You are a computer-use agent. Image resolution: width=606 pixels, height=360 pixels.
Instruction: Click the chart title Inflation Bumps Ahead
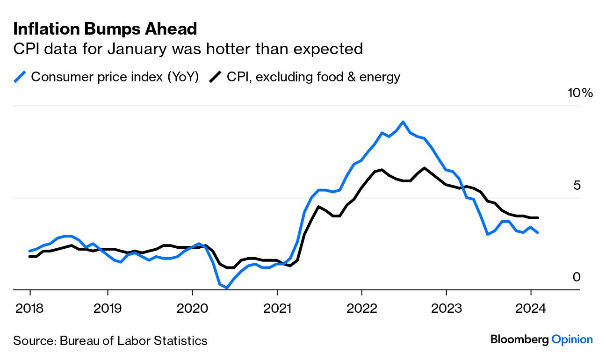(105, 29)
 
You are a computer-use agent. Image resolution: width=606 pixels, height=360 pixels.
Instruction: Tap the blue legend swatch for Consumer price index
(20, 77)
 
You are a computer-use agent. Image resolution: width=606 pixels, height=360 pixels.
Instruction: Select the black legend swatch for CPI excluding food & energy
(216, 77)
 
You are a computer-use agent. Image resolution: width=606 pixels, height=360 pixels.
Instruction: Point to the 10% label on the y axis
(580, 93)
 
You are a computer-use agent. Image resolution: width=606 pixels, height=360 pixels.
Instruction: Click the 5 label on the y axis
(577, 186)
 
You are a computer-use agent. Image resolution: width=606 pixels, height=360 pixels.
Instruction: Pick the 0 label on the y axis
(577, 277)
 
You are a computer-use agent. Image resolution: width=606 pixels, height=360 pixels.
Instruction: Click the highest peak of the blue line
(403, 122)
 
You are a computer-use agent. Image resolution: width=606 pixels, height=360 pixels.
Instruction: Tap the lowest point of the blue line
(227, 288)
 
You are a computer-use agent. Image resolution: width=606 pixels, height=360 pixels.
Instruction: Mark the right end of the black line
(538, 218)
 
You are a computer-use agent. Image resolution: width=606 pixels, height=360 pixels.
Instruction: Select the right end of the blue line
(538, 232)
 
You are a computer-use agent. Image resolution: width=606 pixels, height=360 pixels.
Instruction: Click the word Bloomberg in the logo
(519, 339)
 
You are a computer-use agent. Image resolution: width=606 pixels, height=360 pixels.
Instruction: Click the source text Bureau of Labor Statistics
(133, 340)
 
